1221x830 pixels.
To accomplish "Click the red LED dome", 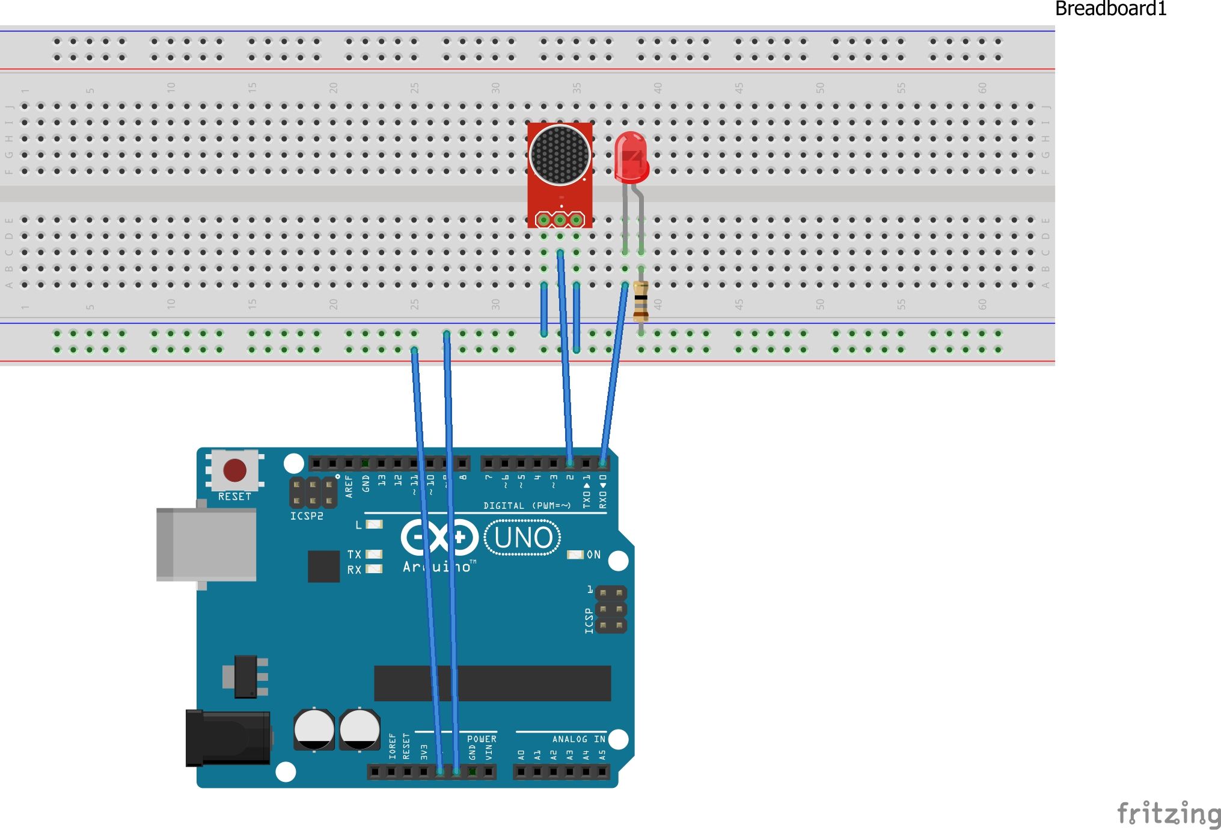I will [631, 156].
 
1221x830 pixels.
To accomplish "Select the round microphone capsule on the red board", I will [560, 154].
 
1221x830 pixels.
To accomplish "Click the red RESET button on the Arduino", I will [234, 470].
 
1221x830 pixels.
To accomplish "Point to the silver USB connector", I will [206, 544].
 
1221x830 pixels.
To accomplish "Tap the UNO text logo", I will [522, 538].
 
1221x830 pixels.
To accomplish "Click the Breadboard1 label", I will [1110, 9].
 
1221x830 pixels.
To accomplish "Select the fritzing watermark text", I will [1167, 814].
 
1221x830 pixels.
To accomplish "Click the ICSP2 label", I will [307, 516].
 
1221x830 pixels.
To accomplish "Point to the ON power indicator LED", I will [575, 555].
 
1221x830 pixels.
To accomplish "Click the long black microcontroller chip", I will [492, 683].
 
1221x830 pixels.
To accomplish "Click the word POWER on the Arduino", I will [482, 739].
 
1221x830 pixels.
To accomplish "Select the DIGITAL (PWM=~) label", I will [527, 506].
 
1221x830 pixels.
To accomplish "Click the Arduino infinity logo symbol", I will [439, 537].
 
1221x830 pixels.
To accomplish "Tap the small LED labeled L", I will [375, 524].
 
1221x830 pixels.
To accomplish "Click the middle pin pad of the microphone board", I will [560, 220].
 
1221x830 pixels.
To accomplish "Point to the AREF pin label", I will [349, 487].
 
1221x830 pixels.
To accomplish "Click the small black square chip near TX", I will [323, 566].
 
